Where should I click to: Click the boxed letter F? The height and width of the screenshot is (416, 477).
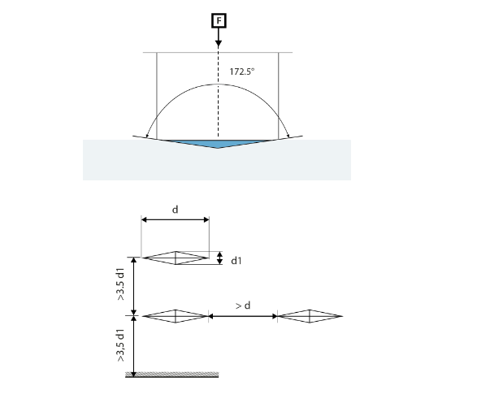[219, 20]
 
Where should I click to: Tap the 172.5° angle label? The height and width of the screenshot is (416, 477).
[242, 71]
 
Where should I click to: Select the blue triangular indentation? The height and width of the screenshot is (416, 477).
[218, 144]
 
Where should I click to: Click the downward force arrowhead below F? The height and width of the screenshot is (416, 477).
[219, 44]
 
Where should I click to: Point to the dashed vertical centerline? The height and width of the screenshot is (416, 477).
[218, 93]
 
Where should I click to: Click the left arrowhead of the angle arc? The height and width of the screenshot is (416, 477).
[147, 136]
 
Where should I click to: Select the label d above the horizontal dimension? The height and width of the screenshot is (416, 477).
[176, 210]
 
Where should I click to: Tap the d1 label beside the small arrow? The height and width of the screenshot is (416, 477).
[236, 261]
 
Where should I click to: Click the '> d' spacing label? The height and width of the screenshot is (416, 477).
[243, 305]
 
